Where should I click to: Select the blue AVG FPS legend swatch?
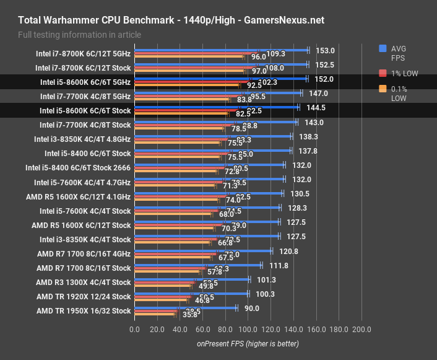point(383,48)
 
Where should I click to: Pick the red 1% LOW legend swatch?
point(383,73)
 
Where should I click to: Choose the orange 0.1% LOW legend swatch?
point(383,89)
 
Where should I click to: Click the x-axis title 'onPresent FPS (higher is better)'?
point(248,343)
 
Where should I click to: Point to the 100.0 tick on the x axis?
point(248,329)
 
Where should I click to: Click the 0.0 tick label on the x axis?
point(134,329)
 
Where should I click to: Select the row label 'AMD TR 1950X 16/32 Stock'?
point(84,311)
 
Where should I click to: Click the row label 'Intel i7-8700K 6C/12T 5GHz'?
point(83,54)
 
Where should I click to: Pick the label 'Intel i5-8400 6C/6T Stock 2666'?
point(78,167)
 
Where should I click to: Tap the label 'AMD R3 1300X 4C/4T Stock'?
point(84,283)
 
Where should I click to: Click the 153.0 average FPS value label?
point(325,51)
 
